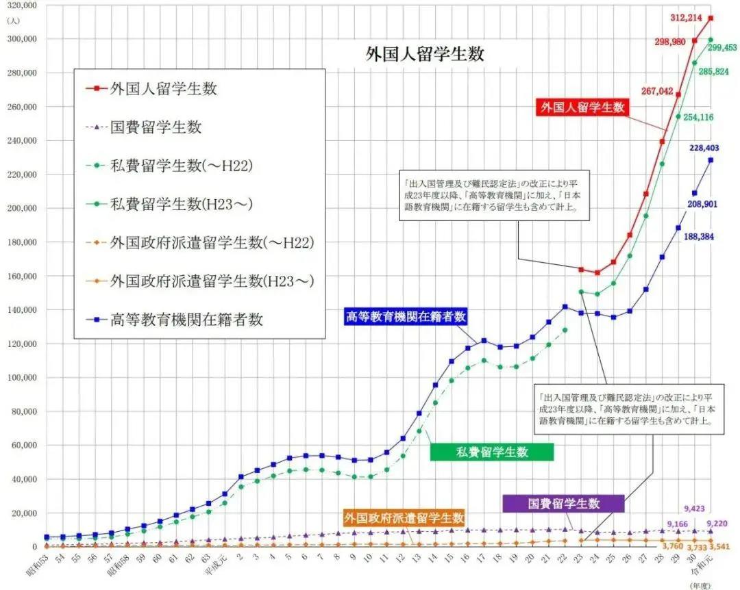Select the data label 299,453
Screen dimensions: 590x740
(721, 47)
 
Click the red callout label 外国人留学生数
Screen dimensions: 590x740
(582, 107)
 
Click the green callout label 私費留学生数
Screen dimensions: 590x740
(492, 452)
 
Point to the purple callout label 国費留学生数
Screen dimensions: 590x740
(563, 504)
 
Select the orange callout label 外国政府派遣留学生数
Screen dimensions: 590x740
(404, 518)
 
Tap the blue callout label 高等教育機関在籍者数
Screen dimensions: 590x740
(406, 316)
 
